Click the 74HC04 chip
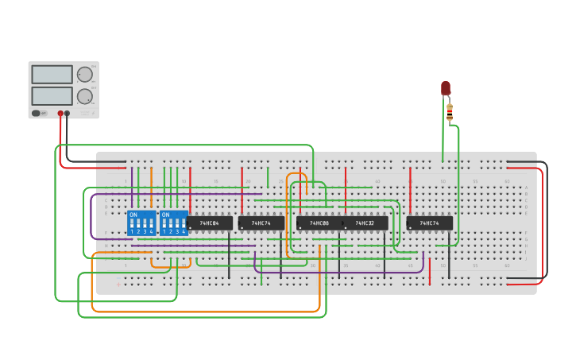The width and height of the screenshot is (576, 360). click(x=210, y=223)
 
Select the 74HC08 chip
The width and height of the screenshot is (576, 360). click(x=319, y=223)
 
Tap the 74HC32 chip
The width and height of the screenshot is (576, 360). click(x=365, y=223)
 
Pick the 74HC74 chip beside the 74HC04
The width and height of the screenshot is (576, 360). click(x=261, y=223)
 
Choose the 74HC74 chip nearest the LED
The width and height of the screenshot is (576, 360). click(x=430, y=223)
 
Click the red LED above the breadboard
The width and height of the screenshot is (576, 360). click(x=446, y=87)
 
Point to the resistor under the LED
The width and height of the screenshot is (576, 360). click(x=450, y=113)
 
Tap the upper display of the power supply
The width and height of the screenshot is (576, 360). click(x=52, y=75)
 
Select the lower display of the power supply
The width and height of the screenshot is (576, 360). click(x=52, y=96)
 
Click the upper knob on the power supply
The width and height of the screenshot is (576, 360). click(x=84, y=75)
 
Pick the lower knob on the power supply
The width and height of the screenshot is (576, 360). click(x=84, y=96)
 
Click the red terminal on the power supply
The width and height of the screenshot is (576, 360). click(x=60, y=114)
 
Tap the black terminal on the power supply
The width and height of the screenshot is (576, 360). click(x=67, y=114)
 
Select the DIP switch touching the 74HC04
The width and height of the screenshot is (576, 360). click(x=173, y=223)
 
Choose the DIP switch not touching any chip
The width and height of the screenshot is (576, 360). click(x=141, y=223)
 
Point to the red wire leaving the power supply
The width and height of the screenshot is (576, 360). click(x=60, y=151)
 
